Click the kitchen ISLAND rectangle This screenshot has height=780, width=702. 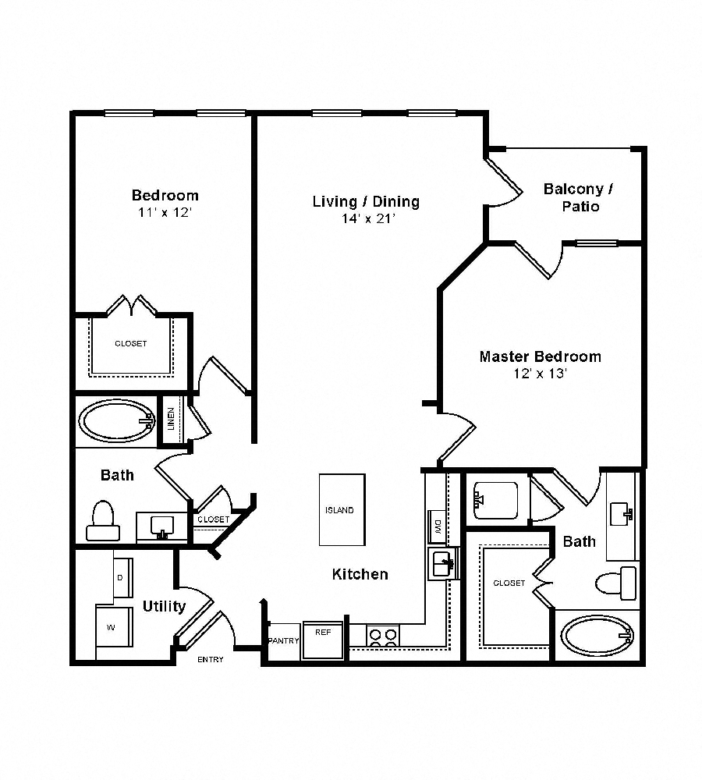(342, 510)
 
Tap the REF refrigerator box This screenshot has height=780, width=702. (322, 640)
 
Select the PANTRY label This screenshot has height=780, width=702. (283, 641)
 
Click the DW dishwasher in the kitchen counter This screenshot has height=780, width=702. (438, 526)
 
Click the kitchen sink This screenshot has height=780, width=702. (443, 562)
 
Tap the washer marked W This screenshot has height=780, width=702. (113, 626)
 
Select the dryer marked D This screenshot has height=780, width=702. (122, 578)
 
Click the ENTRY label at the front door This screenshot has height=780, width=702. (210, 660)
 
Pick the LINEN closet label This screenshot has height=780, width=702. (172, 421)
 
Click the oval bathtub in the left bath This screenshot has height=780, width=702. (116, 422)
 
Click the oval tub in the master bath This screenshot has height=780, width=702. (597, 636)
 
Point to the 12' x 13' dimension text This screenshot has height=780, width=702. (540, 374)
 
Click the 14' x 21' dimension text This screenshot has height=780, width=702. (366, 219)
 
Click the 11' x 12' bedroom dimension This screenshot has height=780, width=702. (165, 212)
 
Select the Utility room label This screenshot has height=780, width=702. (164, 606)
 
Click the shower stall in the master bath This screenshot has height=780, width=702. (495, 501)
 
